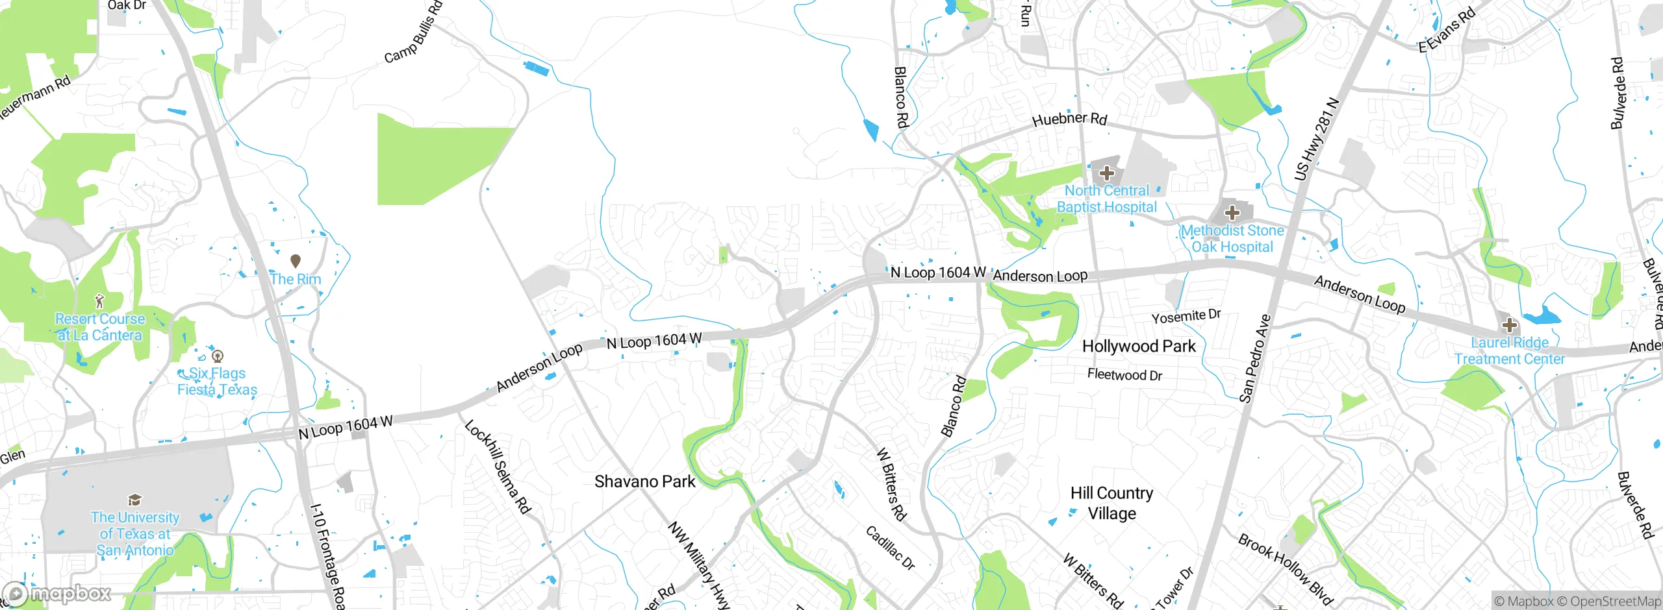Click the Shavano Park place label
pos(644,482)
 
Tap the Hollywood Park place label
pos(1138,347)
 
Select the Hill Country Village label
pos(1111,503)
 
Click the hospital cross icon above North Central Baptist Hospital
pos(1107,173)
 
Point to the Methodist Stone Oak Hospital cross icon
pos(1232,213)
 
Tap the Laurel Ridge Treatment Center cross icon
pos(1509,325)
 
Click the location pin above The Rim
pos(296,261)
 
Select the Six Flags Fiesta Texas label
pos(218,382)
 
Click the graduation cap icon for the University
pos(134,500)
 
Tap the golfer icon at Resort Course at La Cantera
pos(99,301)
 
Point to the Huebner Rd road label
pos(1069,119)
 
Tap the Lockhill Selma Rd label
pos(498,467)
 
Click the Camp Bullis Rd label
pos(413,33)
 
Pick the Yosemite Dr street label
pos(1186,317)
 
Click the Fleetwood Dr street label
pos(1124,375)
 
